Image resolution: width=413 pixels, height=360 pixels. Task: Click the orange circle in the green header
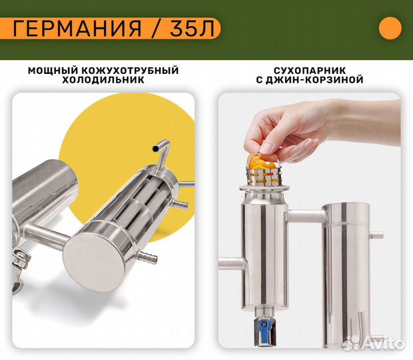point(390,29)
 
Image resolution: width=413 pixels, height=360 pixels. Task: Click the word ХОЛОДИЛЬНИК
point(103,80)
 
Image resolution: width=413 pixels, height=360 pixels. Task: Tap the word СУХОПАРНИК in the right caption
point(309,70)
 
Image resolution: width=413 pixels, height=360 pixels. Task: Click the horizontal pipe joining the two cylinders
point(306,217)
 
